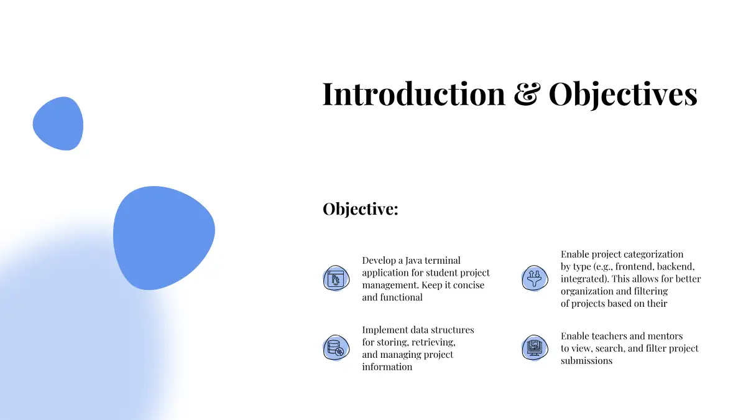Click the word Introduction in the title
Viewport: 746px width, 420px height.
(413, 94)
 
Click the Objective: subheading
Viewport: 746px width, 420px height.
(361, 209)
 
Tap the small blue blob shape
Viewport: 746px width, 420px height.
(58, 124)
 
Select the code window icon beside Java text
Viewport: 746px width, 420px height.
(336, 278)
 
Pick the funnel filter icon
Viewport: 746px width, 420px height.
(535, 278)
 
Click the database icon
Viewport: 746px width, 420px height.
(336, 348)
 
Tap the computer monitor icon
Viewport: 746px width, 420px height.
(535, 348)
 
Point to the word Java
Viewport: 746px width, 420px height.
(413, 260)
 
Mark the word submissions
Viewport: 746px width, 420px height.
(586, 361)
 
